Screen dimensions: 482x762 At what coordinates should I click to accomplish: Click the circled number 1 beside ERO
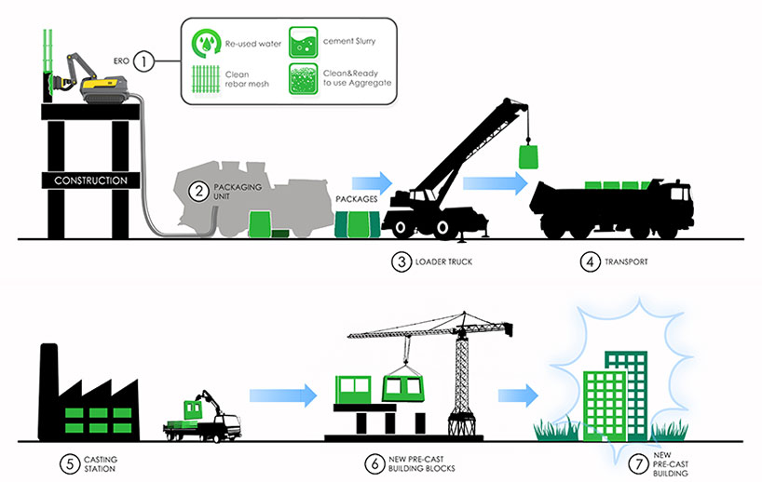(143, 62)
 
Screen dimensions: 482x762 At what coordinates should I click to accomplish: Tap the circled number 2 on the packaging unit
(197, 193)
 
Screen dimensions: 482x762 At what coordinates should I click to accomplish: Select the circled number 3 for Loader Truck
(401, 261)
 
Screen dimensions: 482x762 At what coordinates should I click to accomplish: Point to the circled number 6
(374, 461)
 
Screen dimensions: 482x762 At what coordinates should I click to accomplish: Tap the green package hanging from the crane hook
(528, 155)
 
